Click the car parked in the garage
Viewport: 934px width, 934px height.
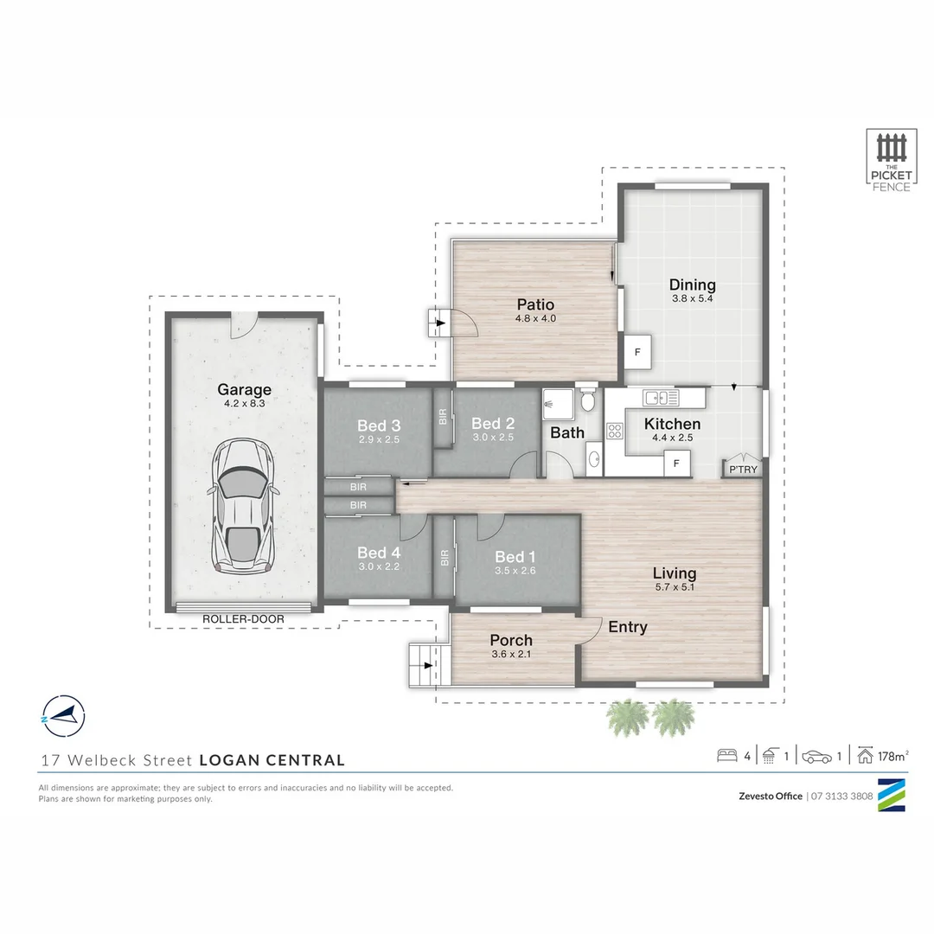(x=244, y=506)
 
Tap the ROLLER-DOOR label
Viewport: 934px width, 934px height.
(x=243, y=619)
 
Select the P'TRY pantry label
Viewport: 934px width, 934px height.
(x=744, y=470)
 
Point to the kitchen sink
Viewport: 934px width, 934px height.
(x=661, y=397)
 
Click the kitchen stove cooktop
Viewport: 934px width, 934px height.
(x=615, y=431)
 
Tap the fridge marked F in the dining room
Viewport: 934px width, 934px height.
(x=637, y=352)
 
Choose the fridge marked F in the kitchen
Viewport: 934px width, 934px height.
(x=676, y=463)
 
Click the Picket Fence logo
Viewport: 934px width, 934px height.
(x=892, y=161)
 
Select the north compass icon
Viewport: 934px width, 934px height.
(x=63, y=717)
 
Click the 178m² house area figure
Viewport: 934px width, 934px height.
(x=892, y=756)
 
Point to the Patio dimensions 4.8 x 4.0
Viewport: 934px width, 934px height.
(x=535, y=318)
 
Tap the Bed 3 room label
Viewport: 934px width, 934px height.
(x=379, y=425)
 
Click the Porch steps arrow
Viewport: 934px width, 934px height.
(x=427, y=665)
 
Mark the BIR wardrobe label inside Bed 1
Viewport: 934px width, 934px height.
(x=445, y=558)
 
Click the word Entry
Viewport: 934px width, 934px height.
(x=628, y=627)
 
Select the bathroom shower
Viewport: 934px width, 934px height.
(x=558, y=404)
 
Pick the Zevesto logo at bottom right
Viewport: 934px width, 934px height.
(x=892, y=796)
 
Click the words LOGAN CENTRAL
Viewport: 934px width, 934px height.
(x=272, y=760)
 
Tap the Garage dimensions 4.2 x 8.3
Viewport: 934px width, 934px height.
(x=244, y=403)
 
